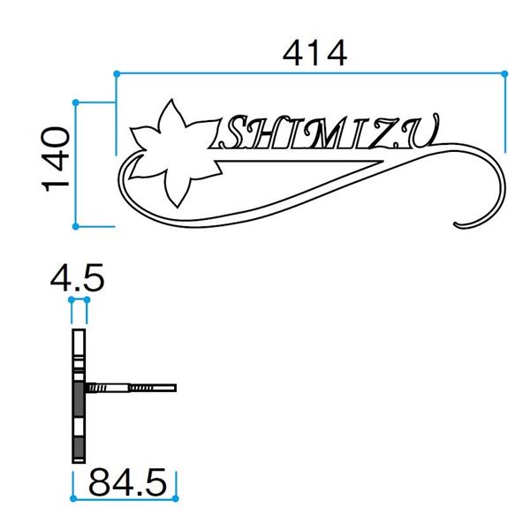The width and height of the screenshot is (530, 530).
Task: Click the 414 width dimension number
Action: point(314,53)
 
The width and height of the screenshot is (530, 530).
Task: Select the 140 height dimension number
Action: point(55,159)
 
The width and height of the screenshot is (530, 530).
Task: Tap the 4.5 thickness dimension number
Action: point(78,278)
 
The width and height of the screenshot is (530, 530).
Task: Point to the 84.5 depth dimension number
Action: point(127,482)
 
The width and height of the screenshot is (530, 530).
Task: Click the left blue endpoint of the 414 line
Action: point(117,73)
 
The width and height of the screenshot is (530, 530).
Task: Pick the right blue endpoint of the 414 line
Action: point(504,73)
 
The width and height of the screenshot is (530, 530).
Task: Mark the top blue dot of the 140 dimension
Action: point(76,102)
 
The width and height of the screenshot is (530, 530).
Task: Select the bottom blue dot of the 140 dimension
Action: point(76,226)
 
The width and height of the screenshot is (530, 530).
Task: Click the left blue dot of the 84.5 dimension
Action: point(73,498)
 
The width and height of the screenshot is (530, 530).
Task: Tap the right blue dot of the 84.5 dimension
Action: point(175,498)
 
